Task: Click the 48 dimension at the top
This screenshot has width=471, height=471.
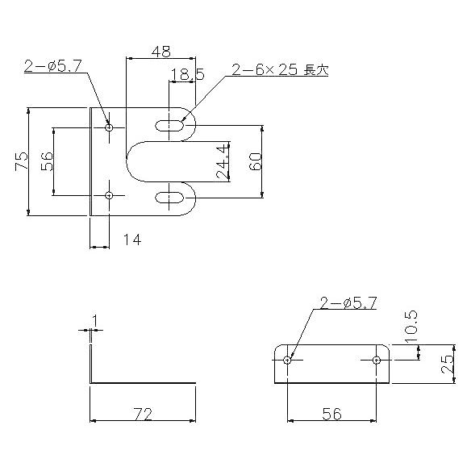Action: [x=160, y=52]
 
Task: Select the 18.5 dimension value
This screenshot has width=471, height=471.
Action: [x=187, y=74]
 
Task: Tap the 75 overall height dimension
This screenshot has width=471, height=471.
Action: [x=21, y=161]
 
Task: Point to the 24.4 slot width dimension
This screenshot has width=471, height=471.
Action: [x=223, y=161]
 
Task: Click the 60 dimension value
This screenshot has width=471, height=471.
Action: [x=256, y=161]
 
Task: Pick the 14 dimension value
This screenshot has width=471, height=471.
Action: [x=132, y=240]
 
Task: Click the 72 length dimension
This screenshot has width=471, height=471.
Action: [x=143, y=414]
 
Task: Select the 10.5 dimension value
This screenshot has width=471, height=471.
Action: [x=411, y=326]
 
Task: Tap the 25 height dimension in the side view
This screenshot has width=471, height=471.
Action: [x=447, y=364]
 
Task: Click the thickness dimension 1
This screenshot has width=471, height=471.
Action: [x=95, y=321]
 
